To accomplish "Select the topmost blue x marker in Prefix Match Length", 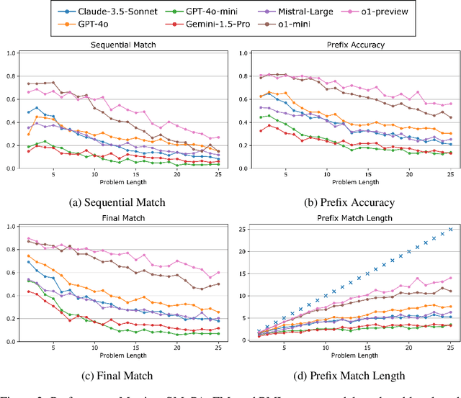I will pos(451,229).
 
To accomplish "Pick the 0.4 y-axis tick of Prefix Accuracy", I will pos(241,122).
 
